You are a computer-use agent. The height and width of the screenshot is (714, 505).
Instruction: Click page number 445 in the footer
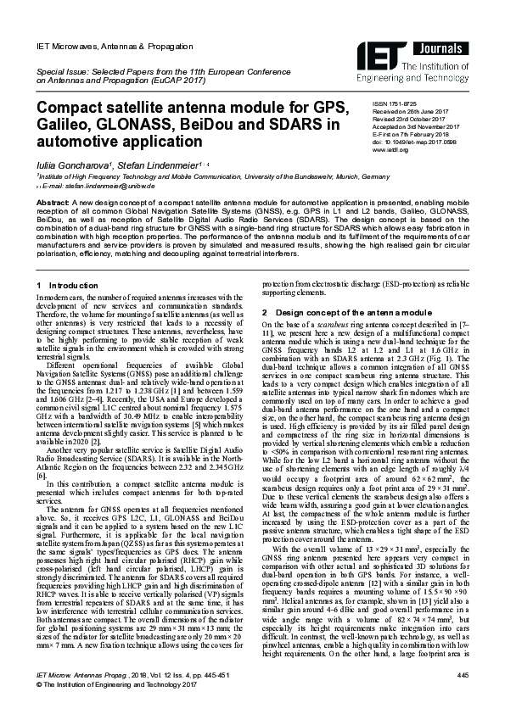(x=462, y=674)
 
